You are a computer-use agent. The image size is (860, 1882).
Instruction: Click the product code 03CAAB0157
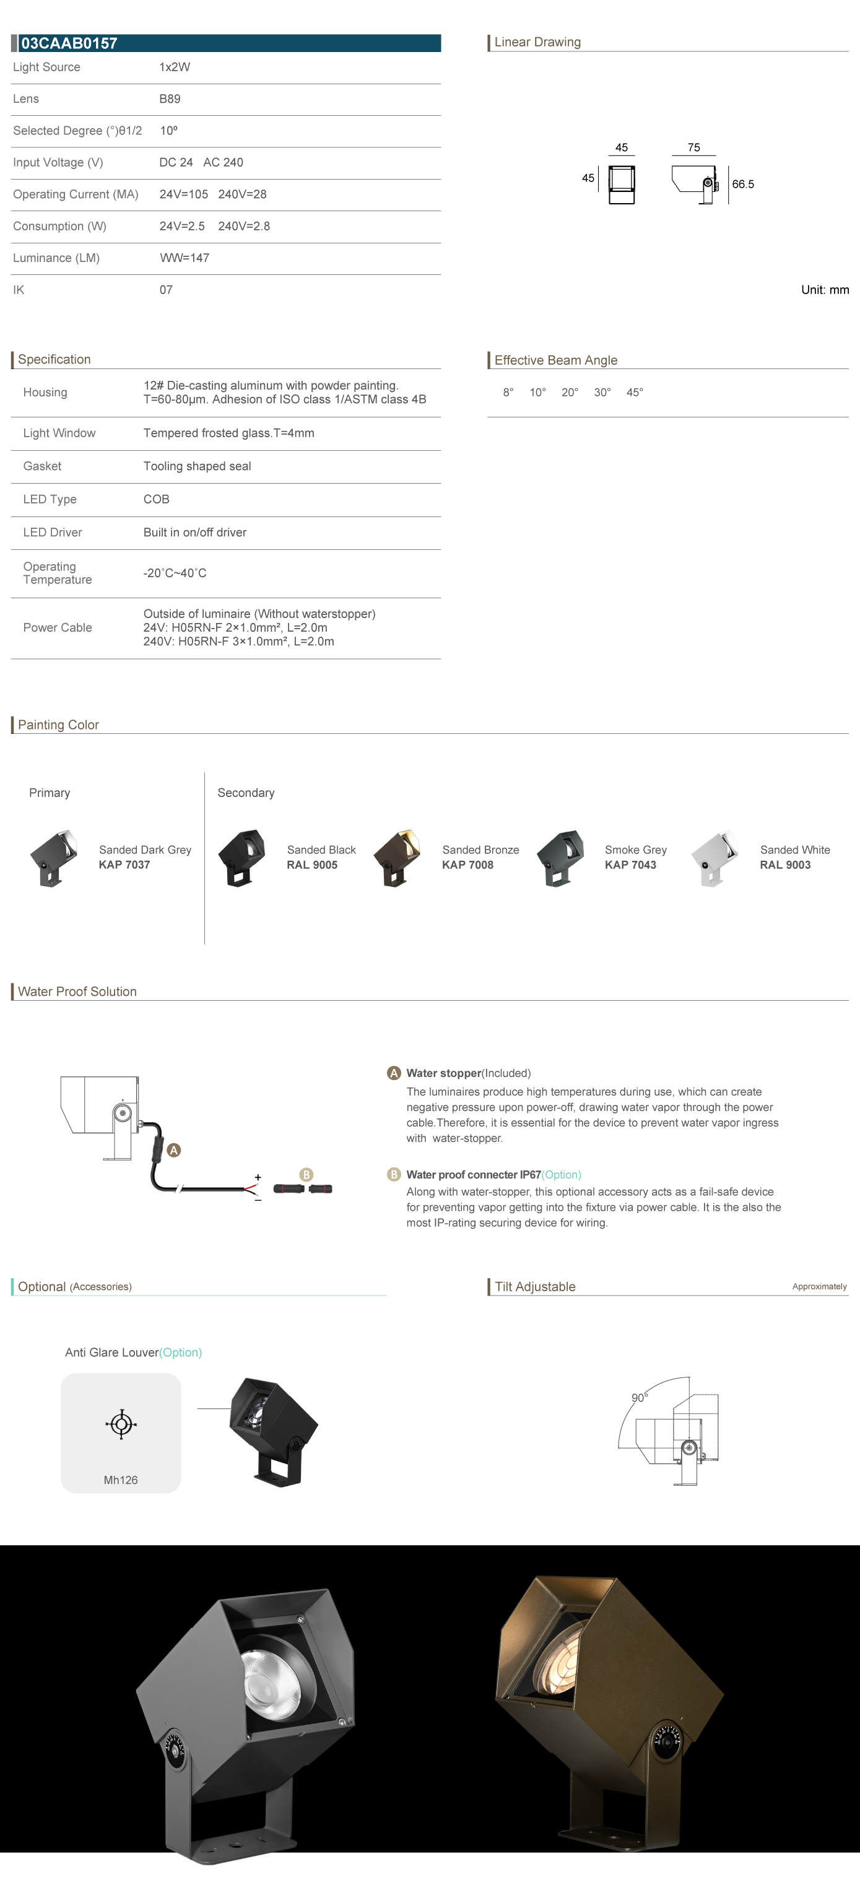(69, 43)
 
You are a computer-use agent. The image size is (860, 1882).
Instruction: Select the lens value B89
(170, 98)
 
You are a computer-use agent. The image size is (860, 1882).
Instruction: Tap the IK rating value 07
(166, 290)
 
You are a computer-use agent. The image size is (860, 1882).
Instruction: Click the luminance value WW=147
(184, 258)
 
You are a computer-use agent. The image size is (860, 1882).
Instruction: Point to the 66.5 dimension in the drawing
(742, 184)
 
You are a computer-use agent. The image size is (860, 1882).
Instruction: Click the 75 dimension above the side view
(693, 147)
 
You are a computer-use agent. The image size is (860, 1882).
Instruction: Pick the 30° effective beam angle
(602, 393)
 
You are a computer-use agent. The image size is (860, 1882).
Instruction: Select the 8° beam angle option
(508, 393)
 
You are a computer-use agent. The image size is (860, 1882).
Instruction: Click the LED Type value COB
(157, 499)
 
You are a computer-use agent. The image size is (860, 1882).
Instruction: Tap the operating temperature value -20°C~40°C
(175, 573)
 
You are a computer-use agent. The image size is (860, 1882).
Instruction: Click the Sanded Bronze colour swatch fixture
(397, 858)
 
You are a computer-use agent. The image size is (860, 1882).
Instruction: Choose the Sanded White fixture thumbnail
(714, 858)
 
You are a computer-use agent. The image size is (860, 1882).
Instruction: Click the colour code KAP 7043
(630, 865)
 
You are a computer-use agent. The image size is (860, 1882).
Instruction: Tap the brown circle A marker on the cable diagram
(174, 1150)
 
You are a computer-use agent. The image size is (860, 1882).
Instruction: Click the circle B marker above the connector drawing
(306, 1175)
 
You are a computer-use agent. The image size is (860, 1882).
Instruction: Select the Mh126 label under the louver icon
(121, 1480)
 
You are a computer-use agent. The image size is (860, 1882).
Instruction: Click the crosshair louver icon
(121, 1424)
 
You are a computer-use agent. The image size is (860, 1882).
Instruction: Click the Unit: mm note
(824, 290)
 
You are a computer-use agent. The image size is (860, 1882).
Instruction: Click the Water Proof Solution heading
(77, 991)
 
